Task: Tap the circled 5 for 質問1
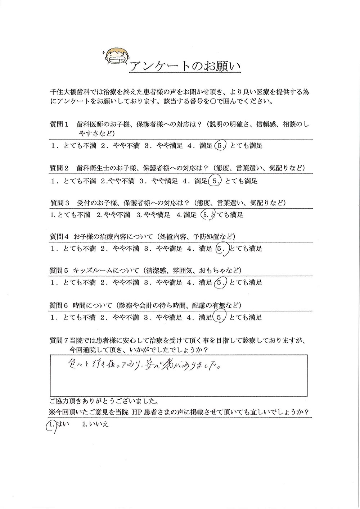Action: point(220,146)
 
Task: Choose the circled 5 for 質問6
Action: point(220,317)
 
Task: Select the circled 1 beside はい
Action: point(50,425)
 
